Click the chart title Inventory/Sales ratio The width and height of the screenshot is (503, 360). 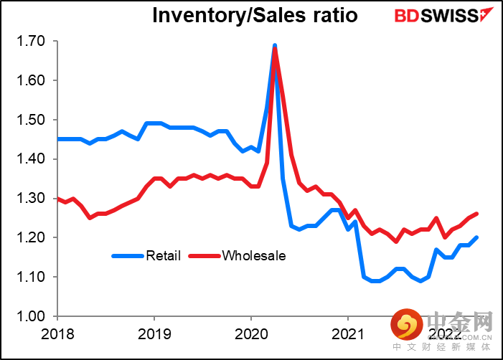(255, 15)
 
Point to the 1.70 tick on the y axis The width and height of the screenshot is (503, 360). (29, 42)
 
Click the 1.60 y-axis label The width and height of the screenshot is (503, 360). (29, 81)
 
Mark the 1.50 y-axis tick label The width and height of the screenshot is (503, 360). (29, 120)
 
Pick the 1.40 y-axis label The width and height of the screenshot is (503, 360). (29, 159)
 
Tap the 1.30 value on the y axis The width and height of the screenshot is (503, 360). (29, 199)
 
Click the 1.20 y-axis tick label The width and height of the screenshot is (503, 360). (29, 237)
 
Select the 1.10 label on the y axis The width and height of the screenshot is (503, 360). (29, 277)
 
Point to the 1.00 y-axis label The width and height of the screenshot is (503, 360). (29, 316)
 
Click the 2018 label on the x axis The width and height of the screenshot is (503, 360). (57, 335)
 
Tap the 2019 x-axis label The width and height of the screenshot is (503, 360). (154, 335)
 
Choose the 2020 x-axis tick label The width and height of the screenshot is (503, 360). (251, 335)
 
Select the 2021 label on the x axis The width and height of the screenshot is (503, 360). (348, 335)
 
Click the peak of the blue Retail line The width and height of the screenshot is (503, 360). (275, 46)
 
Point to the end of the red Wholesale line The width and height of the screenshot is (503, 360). (477, 214)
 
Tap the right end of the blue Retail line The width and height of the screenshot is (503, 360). (477, 237)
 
